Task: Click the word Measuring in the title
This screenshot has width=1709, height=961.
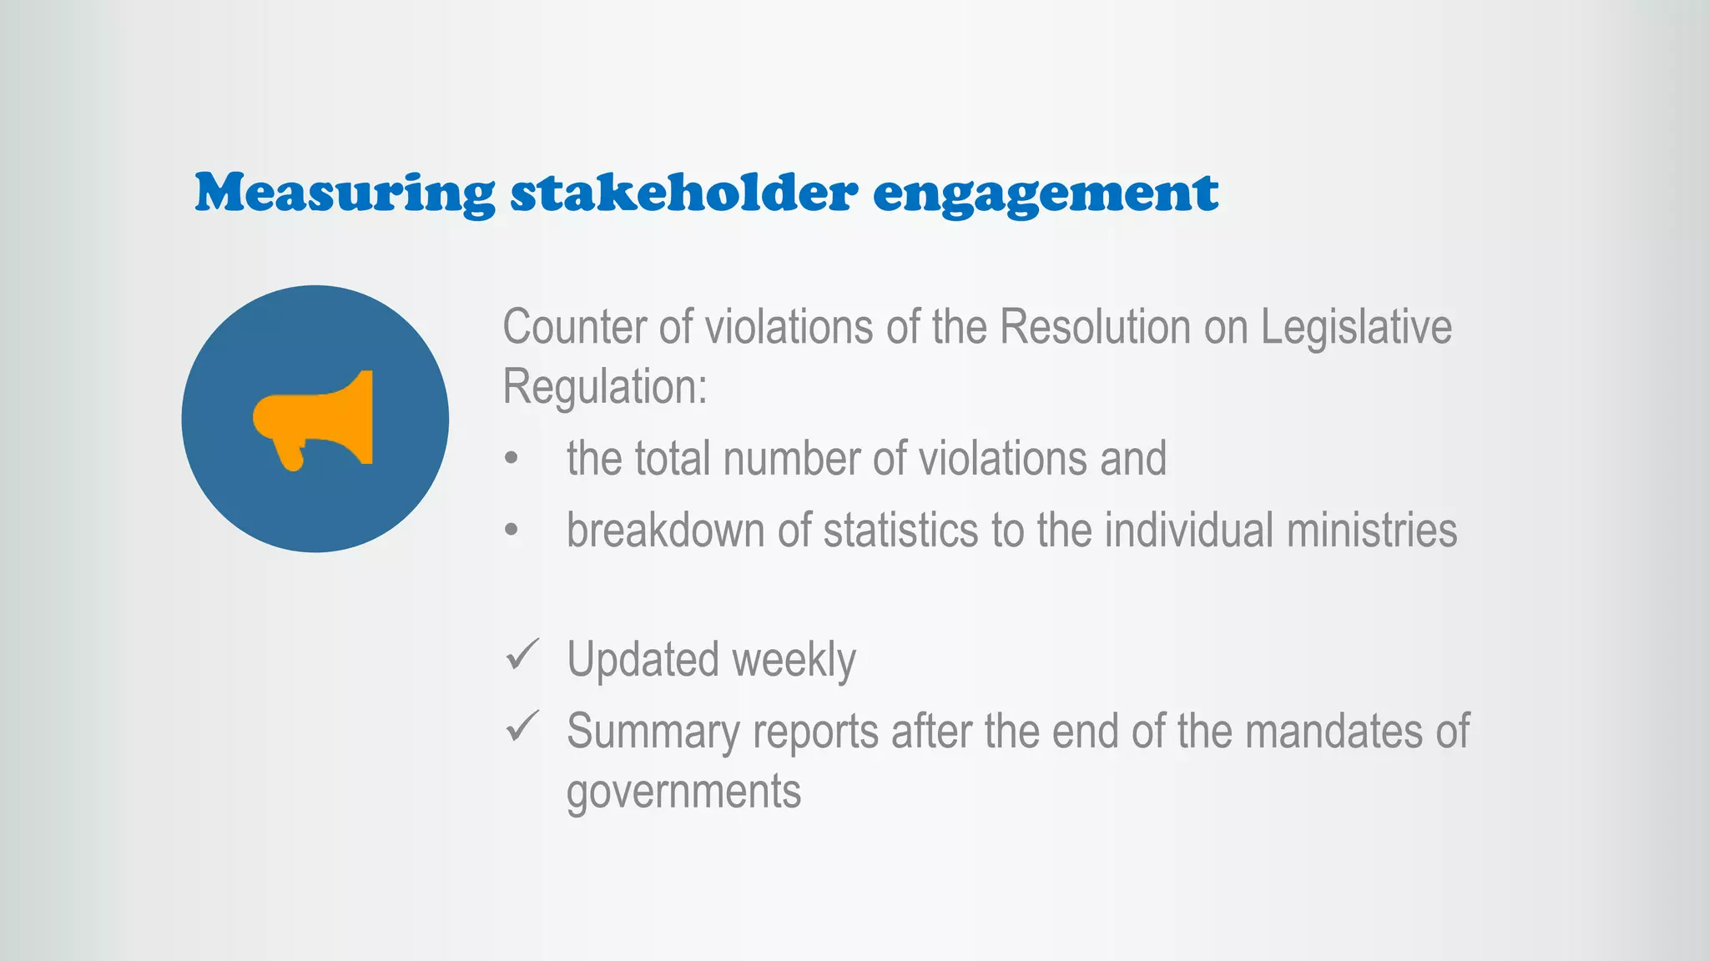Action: point(345,194)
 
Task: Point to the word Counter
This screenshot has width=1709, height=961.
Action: point(574,326)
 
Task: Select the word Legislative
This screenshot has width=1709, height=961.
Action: point(1356,326)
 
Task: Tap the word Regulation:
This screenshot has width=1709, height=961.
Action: point(605,387)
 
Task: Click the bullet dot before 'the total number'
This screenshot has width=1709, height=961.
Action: point(512,459)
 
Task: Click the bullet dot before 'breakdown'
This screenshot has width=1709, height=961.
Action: point(512,531)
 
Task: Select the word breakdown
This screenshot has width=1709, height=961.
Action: point(665,531)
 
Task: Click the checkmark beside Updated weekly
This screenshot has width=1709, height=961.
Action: point(522,655)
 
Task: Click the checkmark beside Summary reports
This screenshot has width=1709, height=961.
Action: point(522,727)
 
